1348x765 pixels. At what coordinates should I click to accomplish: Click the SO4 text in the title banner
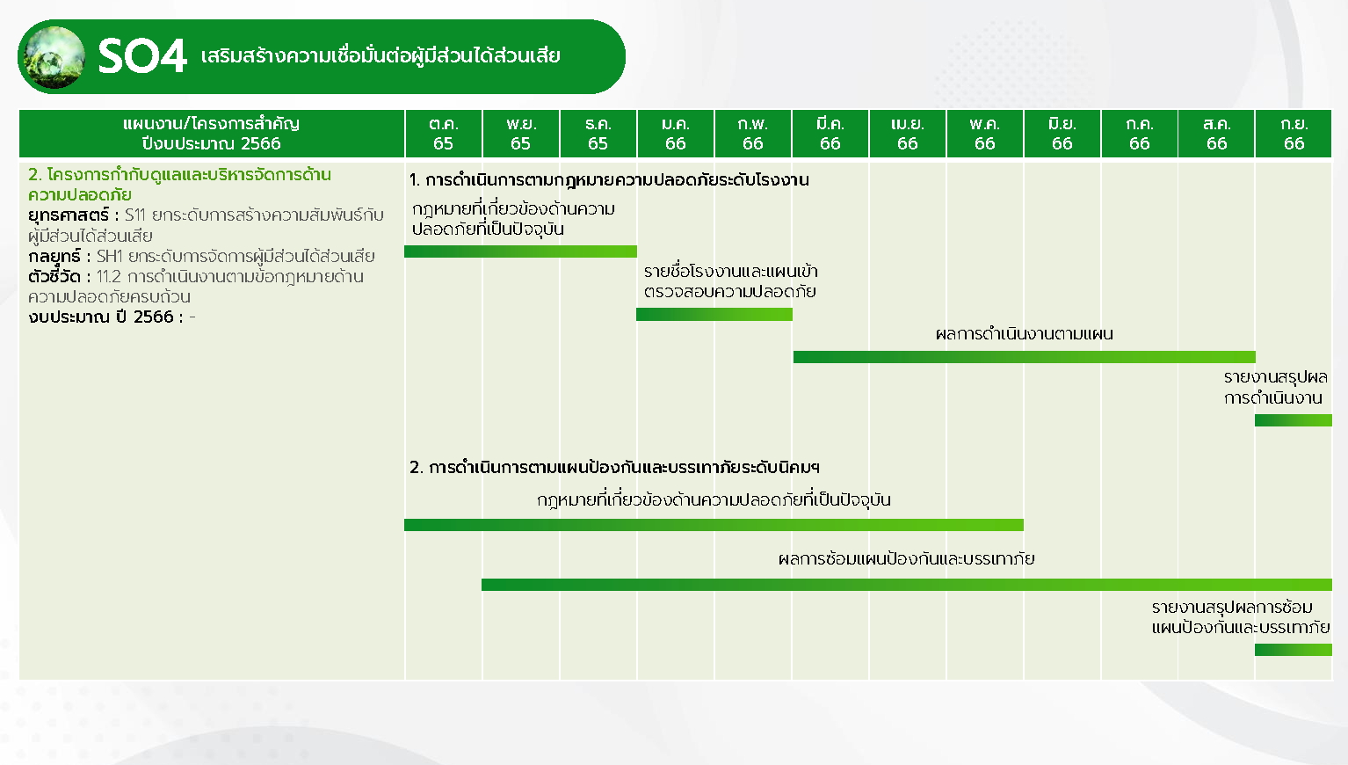[142, 56]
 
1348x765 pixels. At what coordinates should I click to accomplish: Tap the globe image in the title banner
[53, 57]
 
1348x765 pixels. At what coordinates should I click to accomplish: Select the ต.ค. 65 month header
[444, 134]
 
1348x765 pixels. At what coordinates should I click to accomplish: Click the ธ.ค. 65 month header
[598, 134]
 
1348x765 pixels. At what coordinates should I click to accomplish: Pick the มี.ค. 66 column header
[830, 134]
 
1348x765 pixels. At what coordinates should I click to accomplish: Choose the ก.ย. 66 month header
[1294, 134]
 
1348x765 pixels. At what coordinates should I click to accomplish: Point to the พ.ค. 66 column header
[984, 134]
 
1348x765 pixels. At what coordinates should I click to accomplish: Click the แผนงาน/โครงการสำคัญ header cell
[211, 134]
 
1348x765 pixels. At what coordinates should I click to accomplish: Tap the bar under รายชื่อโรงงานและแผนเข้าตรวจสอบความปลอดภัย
[714, 315]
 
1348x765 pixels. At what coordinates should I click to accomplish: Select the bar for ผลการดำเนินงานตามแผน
[1025, 357]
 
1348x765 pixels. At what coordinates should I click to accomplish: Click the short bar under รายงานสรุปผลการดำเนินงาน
[1294, 420]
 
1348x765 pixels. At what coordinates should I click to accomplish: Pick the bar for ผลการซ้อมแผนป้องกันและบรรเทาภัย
[907, 584]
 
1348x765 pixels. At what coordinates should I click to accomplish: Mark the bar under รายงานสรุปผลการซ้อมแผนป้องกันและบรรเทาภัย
[1294, 649]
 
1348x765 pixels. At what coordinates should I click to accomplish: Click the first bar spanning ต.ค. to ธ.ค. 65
[520, 251]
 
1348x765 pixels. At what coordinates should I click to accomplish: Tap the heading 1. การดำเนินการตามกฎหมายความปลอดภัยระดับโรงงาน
[609, 179]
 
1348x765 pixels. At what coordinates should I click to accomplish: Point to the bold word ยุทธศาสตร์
[69, 215]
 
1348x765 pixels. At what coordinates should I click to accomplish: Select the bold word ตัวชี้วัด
[54, 276]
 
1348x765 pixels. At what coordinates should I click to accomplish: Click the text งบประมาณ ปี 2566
[100, 317]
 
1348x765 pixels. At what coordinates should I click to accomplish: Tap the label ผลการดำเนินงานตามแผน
[1025, 334]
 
